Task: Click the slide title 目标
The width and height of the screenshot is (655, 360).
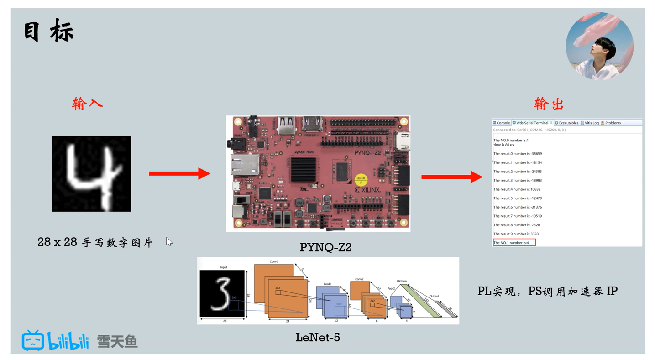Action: click(x=48, y=31)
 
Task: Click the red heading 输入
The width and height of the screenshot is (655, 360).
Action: click(x=88, y=104)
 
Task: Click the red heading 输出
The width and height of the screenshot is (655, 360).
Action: click(x=549, y=104)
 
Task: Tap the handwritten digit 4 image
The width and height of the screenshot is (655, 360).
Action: click(x=92, y=173)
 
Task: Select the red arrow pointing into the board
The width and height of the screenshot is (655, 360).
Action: click(x=179, y=173)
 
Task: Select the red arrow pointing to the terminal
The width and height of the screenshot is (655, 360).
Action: click(x=451, y=177)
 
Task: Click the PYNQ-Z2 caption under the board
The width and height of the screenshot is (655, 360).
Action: click(x=325, y=247)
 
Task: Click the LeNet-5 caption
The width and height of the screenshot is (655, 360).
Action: click(x=318, y=338)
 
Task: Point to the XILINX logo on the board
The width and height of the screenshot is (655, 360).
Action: click(x=368, y=189)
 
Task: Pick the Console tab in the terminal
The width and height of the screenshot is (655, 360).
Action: click(x=501, y=123)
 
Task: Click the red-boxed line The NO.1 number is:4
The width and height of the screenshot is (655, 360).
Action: click(x=514, y=242)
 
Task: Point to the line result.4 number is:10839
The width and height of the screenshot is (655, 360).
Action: click(x=517, y=189)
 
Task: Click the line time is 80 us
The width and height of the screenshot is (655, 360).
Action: click(x=503, y=145)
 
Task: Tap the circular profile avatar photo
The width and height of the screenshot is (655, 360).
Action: click(x=599, y=46)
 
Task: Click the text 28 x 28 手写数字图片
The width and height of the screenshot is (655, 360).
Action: click(x=95, y=242)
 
